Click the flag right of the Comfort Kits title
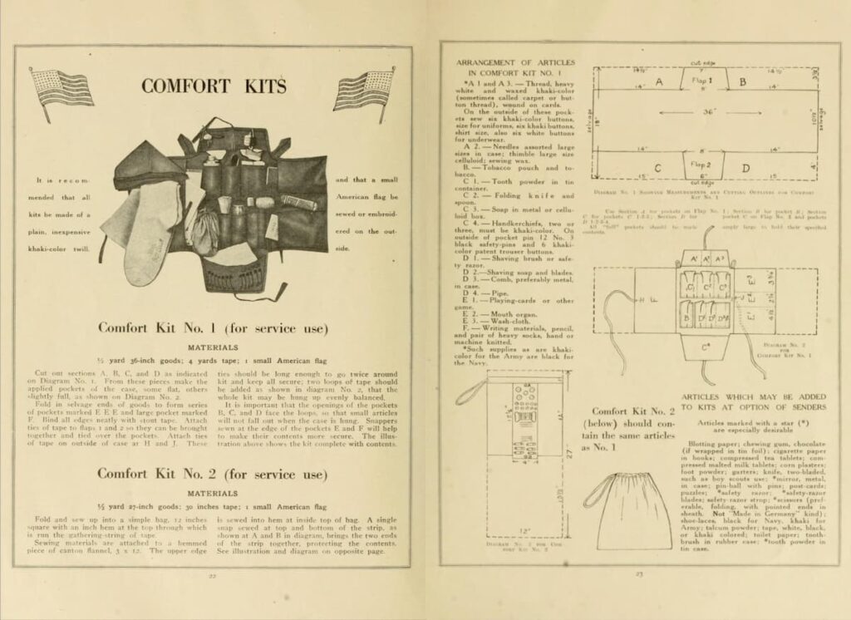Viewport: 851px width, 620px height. click(x=363, y=90)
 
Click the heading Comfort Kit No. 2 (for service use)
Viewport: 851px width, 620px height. click(x=212, y=474)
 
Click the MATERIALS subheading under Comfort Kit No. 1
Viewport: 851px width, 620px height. click(x=212, y=347)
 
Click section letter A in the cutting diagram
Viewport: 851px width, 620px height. click(x=659, y=82)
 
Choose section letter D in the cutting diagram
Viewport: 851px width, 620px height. click(x=745, y=170)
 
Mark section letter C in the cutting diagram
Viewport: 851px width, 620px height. click(x=657, y=169)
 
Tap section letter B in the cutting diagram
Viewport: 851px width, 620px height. click(x=742, y=82)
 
